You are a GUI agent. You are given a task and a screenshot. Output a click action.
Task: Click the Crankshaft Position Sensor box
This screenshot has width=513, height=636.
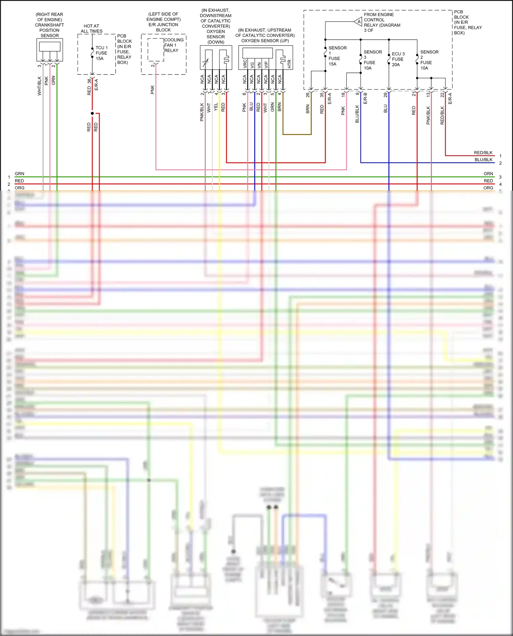[x=50, y=50]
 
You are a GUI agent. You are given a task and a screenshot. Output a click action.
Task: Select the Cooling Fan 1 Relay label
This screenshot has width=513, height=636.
[x=173, y=45]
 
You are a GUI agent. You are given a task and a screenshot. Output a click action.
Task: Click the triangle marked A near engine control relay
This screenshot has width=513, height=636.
[x=358, y=22]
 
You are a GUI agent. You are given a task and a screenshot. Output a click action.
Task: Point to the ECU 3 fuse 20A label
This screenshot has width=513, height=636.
[x=398, y=59]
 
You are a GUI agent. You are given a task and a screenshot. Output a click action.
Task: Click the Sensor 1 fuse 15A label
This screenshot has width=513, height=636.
[x=334, y=56]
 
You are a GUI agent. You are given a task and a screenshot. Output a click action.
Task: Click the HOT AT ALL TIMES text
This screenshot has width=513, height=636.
[x=91, y=28]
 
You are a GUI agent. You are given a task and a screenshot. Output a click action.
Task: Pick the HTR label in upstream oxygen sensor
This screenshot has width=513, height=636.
[x=289, y=64]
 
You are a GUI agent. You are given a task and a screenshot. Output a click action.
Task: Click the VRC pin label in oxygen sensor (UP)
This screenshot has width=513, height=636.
[x=245, y=64]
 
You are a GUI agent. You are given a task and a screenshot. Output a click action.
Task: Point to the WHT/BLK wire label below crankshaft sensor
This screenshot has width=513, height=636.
[x=39, y=86]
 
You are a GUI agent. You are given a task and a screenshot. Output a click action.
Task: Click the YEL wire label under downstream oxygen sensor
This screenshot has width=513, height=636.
[x=216, y=107]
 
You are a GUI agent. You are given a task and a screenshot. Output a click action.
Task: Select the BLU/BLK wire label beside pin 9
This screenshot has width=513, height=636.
[x=357, y=114]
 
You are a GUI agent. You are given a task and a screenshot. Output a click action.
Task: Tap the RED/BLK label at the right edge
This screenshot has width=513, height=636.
[x=483, y=153]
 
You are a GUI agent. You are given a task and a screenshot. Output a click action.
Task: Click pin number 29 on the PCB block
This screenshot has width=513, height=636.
[x=385, y=95]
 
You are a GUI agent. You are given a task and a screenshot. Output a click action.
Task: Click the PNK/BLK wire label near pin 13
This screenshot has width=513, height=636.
[x=428, y=115]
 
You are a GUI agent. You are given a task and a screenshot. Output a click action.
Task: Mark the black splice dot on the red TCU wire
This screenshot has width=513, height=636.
[x=92, y=113]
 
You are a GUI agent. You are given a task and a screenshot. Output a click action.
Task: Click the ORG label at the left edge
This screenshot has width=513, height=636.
[x=19, y=188]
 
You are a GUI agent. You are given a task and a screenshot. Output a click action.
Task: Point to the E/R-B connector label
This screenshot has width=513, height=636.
[x=365, y=98]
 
